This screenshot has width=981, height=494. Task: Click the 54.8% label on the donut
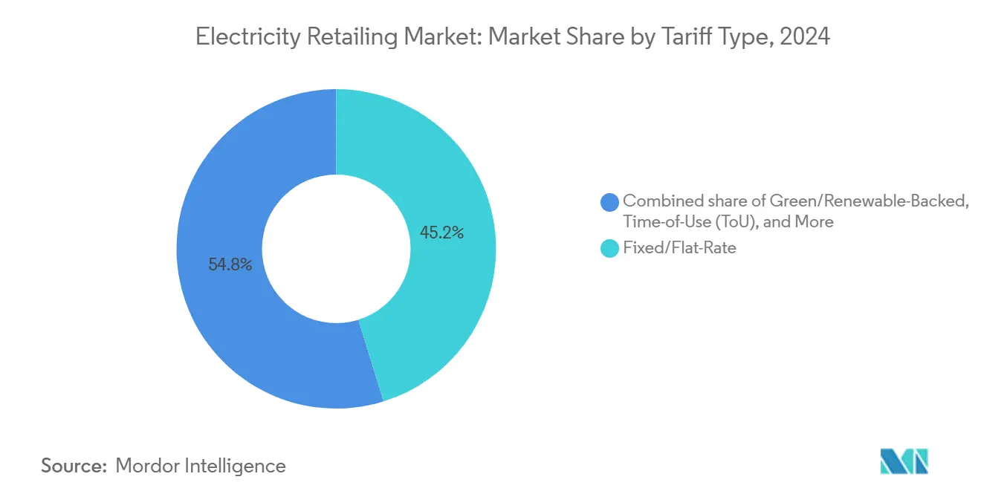[x=230, y=264]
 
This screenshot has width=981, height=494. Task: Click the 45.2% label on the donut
[x=441, y=233]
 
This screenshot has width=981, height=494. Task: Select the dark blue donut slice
[x=223, y=312]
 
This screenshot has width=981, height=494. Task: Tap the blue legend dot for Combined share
[x=609, y=201]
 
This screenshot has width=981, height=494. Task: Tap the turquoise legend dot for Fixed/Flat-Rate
[x=609, y=249]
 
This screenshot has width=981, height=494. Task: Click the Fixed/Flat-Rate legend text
[x=679, y=248]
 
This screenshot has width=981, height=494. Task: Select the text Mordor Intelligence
[x=201, y=466]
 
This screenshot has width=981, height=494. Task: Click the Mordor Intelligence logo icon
[x=904, y=461]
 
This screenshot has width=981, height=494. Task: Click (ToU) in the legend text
[x=736, y=221]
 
